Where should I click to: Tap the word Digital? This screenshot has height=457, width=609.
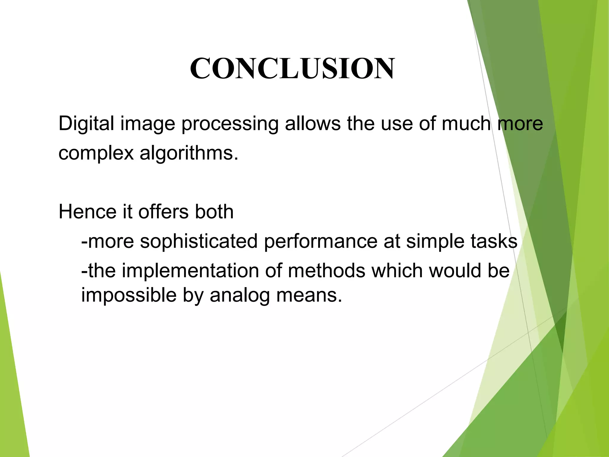[86, 123]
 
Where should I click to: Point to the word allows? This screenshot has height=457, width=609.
[313, 123]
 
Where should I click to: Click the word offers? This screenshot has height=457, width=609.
[163, 212]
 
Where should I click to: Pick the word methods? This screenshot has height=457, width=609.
[327, 271]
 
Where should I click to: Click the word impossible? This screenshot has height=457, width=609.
[129, 295]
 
